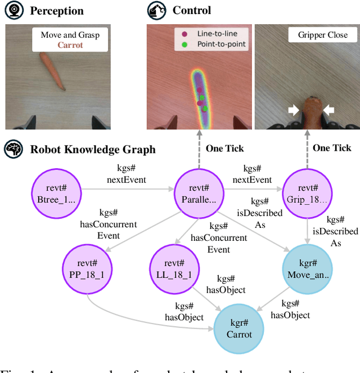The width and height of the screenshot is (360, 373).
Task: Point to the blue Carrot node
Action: pos(240,328)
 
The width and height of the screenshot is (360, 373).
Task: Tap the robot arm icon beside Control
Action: pos(156,11)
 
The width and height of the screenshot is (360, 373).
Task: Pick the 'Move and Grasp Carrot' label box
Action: pos(70,39)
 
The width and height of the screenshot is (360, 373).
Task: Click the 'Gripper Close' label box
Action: pos(322,35)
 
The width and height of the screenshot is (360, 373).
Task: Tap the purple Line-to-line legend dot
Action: pos(184,34)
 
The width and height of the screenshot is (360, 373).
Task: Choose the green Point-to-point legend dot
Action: pos(184,44)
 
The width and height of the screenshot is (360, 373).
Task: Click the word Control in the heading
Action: pos(192,11)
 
